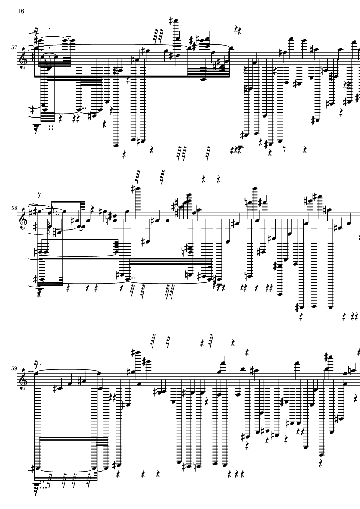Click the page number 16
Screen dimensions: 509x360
pyautogui.click(x=21, y=11)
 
